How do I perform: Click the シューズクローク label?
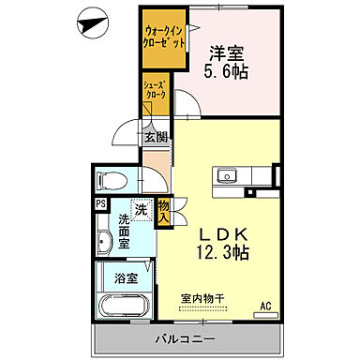pos(155,90)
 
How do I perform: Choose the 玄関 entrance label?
pos(155,137)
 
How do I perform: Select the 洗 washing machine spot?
pos(139,210)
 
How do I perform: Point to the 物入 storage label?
pos(163,210)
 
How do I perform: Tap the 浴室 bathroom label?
pos(125,278)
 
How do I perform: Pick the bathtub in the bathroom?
pos(124,307)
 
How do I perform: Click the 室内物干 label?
pos(202,300)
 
